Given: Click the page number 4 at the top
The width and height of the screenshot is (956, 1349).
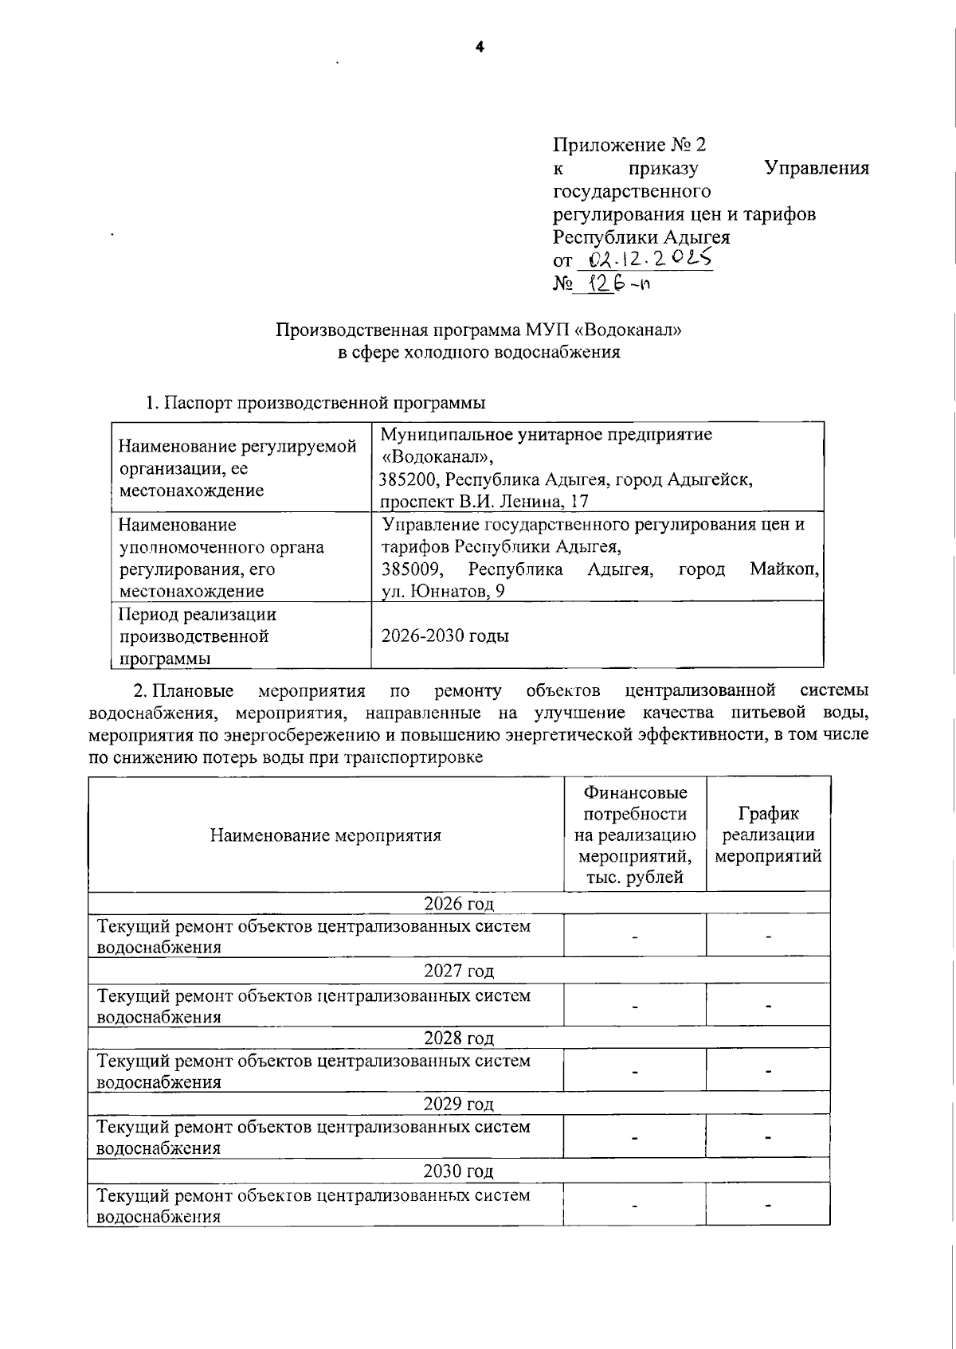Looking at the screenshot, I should tap(479, 47).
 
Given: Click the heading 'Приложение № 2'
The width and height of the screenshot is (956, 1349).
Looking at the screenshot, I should tap(629, 145).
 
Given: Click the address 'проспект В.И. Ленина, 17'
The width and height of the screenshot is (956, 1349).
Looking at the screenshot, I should tap(484, 501).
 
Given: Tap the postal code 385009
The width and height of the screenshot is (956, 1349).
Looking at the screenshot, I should tap(408, 569).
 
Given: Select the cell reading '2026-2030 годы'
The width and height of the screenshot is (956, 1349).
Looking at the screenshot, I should tap(445, 635).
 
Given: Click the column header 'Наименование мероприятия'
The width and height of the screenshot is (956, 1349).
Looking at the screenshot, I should tap(325, 835).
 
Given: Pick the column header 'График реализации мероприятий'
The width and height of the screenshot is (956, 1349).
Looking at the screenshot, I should tap(768, 835).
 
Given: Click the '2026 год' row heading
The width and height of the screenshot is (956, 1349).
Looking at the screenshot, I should tap(458, 903).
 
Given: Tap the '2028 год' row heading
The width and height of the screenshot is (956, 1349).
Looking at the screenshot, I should tap(458, 1038).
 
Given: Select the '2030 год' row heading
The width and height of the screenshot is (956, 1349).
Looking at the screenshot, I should tap(458, 1171).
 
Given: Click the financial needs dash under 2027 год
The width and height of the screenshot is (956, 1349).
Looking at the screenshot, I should tap(635, 1006).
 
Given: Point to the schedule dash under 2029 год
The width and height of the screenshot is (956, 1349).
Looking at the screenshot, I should tap(768, 1137).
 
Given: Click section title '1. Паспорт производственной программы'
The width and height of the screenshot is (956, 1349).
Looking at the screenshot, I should tap(315, 403).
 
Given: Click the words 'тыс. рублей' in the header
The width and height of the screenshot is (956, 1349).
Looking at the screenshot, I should tap(635, 878).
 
